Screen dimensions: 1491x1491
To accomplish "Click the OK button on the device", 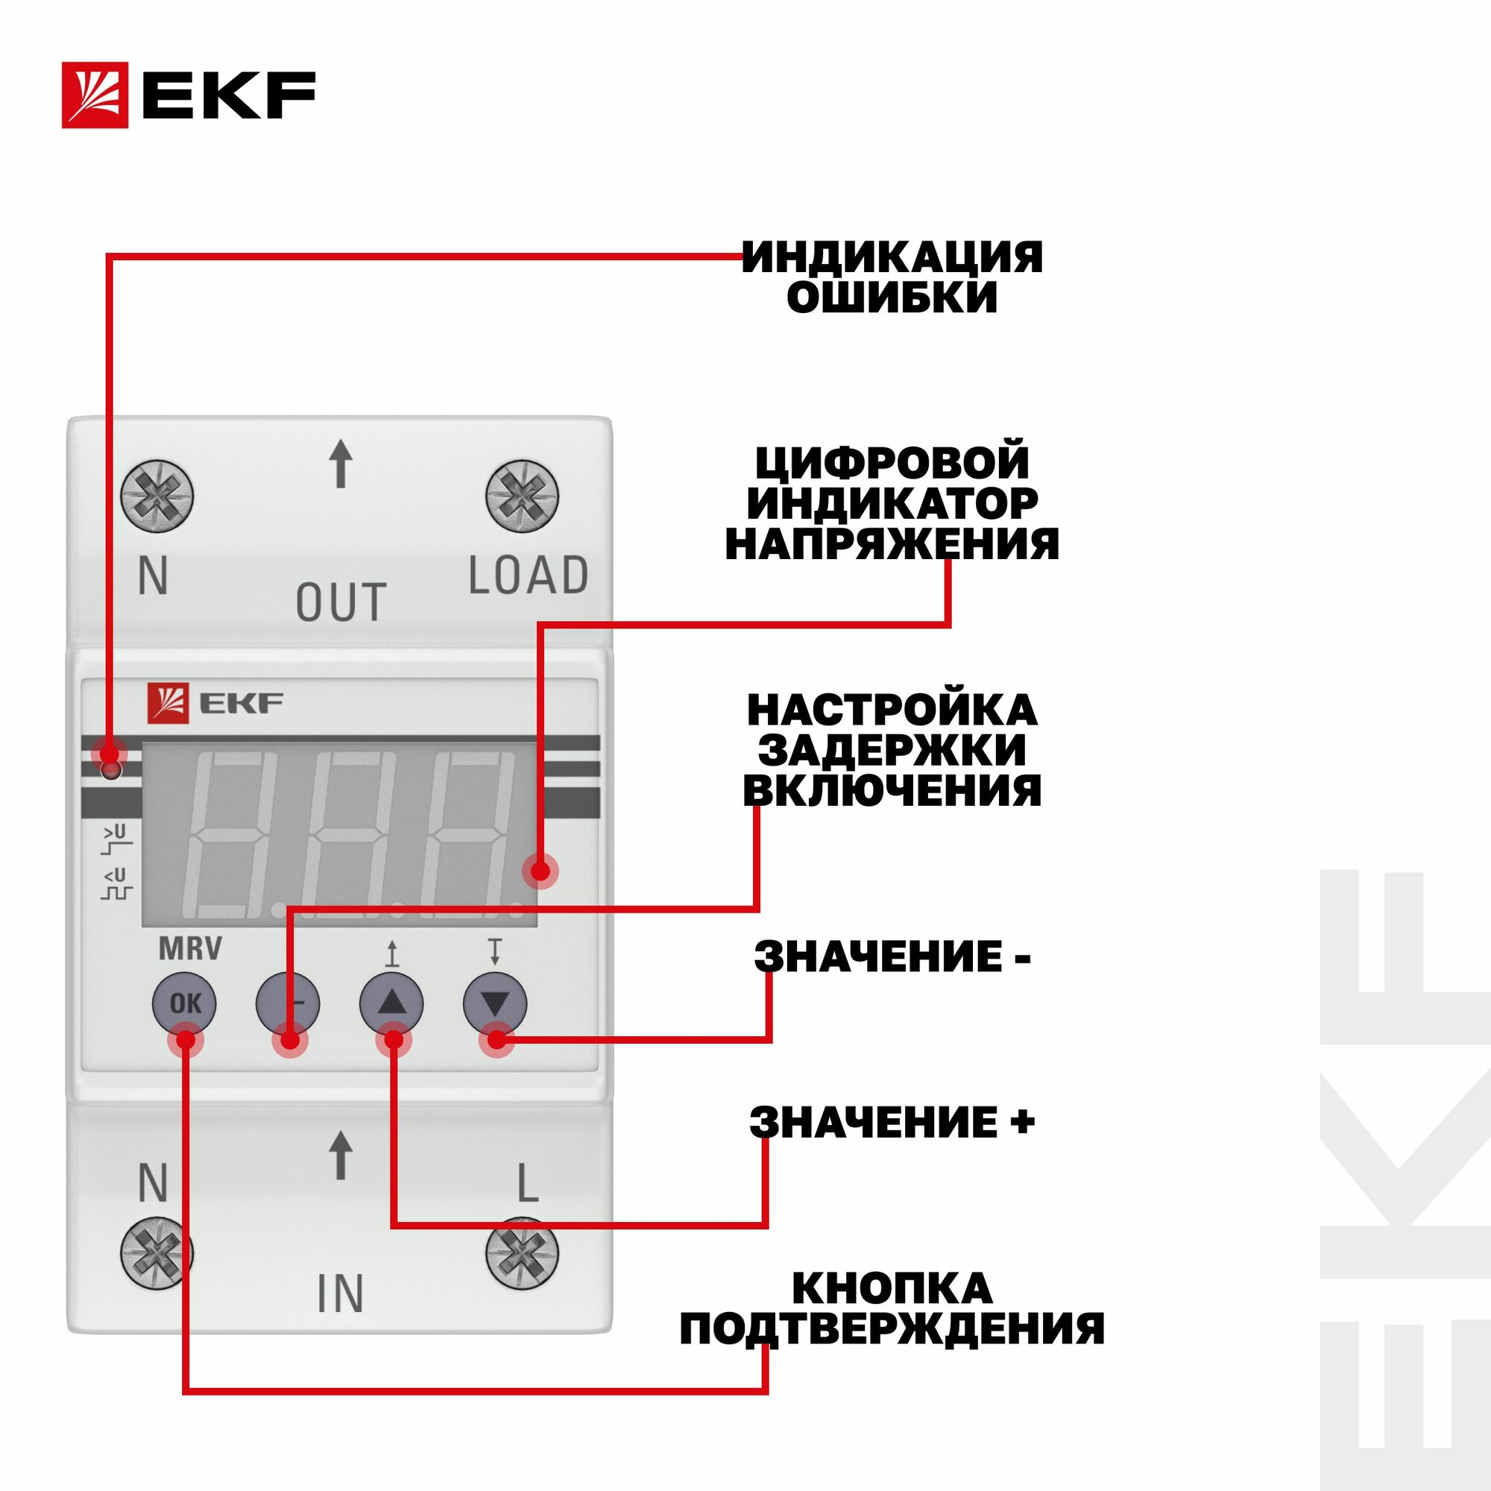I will [x=185, y=1003].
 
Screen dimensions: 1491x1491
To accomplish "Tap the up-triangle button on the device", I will [x=391, y=1003].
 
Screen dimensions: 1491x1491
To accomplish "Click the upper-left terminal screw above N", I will [x=157, y=496].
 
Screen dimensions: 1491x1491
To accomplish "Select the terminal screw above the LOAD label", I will [x=522, y=496].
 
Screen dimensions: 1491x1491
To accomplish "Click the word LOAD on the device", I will [x=529, y=576].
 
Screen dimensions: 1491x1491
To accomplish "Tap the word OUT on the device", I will [x=341, y=602].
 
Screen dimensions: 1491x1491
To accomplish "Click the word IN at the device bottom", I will [x=339, y=1294].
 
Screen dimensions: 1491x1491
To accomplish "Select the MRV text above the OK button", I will [x=190, y=948].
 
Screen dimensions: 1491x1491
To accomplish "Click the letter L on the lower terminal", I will [x=527, y=1183].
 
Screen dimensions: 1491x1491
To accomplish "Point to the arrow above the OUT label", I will [x=341, y=464].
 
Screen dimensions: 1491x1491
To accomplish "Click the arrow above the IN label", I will [x=341, y=1156].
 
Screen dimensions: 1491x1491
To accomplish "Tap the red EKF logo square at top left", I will [x=95, y=95].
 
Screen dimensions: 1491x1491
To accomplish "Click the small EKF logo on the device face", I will [x=215, y=703].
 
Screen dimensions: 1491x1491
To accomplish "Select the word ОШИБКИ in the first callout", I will [x=892, y=298].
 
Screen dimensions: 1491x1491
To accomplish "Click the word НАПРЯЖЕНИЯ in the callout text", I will [x=892, y=544].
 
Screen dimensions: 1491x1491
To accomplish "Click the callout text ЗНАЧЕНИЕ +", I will [x=892, y=1122].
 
